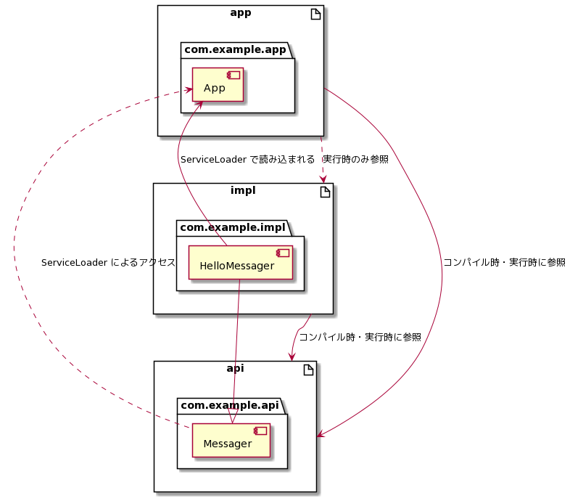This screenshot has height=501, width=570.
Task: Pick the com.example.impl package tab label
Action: coord(232,228)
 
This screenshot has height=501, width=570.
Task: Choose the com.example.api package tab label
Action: coord(228,405)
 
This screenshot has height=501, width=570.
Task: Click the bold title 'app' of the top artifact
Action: coord(240,12)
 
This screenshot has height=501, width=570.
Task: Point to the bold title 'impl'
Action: coord(243,190)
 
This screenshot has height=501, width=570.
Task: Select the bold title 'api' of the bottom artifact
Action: coord(235,368)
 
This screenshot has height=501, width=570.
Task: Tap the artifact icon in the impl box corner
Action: coord(323,192)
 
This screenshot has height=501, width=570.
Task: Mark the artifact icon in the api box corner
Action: coord(307,370)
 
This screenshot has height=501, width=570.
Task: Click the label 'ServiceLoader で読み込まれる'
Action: coord(247,159)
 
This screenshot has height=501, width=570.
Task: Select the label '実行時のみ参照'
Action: coord(355,159)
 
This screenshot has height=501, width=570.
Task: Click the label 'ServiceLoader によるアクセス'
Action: coord(108,262)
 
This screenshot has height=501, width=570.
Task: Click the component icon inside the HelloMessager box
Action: coord(283,253)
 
